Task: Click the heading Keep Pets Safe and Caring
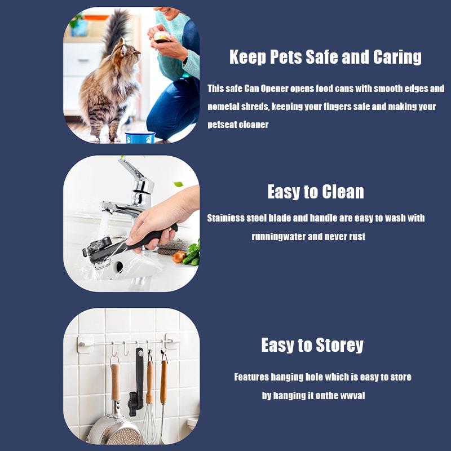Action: point(325,57)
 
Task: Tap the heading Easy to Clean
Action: point(315,192)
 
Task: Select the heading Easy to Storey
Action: point(312,345)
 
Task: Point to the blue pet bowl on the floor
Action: point(139,137)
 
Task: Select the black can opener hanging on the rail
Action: point(138,378)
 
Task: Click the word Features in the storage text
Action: point(251,377)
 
